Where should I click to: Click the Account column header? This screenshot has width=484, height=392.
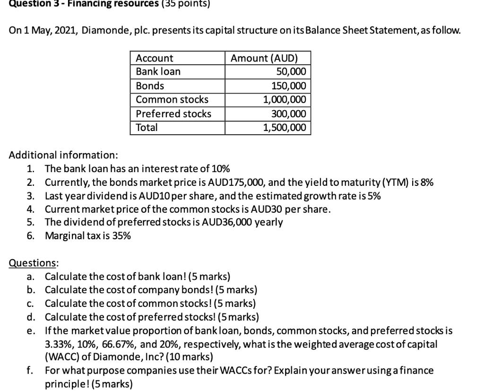[155, 58]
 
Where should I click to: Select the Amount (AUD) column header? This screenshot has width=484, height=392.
[264, 58]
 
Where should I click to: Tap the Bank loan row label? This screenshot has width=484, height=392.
[158, 72]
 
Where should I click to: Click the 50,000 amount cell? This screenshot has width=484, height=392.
[291, 72]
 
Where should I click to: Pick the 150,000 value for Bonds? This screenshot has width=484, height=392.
[288, 86]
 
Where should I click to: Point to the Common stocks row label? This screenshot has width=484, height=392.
[172, 100]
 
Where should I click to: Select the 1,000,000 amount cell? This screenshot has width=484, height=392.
[285, 100]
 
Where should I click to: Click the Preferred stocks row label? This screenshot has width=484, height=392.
[173, 114]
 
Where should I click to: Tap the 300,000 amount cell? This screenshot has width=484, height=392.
[288, 114]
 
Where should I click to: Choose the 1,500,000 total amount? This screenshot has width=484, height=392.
[285, 128]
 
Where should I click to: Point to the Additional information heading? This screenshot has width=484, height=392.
[64, 155]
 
